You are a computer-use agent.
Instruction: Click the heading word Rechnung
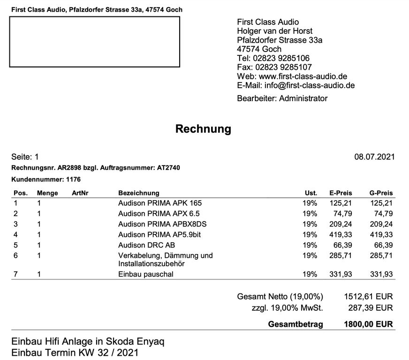coord(203,129)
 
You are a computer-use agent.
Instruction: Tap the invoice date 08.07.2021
coord(374,157)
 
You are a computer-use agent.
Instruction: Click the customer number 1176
coord(74,179)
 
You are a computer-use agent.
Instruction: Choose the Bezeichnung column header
coord(138,193)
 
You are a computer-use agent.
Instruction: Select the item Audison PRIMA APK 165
coord(160,203)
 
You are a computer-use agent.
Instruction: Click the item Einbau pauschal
coord(145,274)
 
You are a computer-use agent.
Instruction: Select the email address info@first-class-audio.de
coord(310,85)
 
